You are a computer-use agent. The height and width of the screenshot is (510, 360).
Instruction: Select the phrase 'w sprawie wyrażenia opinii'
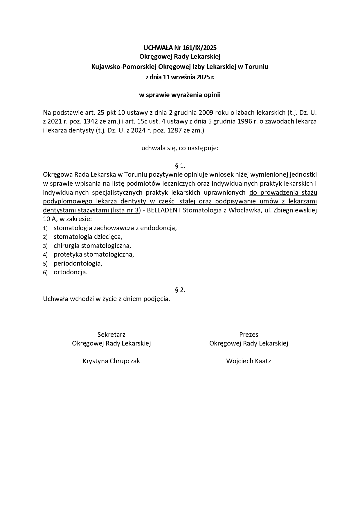pos(180,95)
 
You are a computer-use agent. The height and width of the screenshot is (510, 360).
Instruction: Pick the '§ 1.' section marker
pos(180,166)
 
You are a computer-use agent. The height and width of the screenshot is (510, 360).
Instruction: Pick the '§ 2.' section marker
pos(180,290)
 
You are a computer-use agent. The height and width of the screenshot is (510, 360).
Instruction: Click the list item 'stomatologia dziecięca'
pos(88,237)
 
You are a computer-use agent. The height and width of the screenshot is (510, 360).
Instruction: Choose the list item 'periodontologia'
pos(78,263)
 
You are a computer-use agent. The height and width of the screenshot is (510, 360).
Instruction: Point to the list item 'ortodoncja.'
pos(71,272)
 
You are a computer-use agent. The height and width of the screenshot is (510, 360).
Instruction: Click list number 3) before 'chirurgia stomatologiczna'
pos(45,246)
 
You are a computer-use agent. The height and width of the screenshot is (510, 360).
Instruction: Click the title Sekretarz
pos(111,334)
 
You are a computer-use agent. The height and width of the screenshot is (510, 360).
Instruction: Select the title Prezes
pos(249,334)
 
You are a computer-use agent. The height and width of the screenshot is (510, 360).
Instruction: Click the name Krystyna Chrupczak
pos(111,361)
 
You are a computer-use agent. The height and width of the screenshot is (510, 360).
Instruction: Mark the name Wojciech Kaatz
pos(249,361)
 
